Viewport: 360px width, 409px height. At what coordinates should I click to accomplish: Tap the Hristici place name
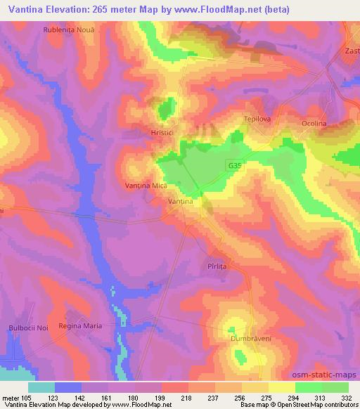coord(143,131)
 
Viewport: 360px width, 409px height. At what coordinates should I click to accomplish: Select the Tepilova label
coord(257,119)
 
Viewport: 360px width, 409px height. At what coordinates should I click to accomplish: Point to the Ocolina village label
coord(314,124)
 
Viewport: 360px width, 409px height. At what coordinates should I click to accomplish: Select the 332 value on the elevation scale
coord(347,397)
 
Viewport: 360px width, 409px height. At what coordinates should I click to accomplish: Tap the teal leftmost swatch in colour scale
coord(41,387)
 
